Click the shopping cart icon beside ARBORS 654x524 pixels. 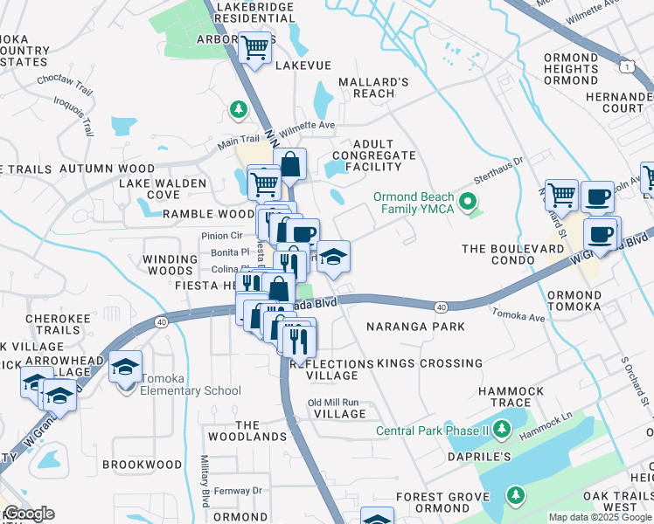[255, 49]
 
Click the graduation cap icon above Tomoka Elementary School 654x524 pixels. [125, 366]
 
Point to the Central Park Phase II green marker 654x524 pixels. [502, 429]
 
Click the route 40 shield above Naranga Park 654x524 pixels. [440, 307]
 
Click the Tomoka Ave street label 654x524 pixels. [518, 315]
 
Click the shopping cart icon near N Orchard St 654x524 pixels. [560, 196]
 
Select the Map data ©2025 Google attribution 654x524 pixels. [599, 517]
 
